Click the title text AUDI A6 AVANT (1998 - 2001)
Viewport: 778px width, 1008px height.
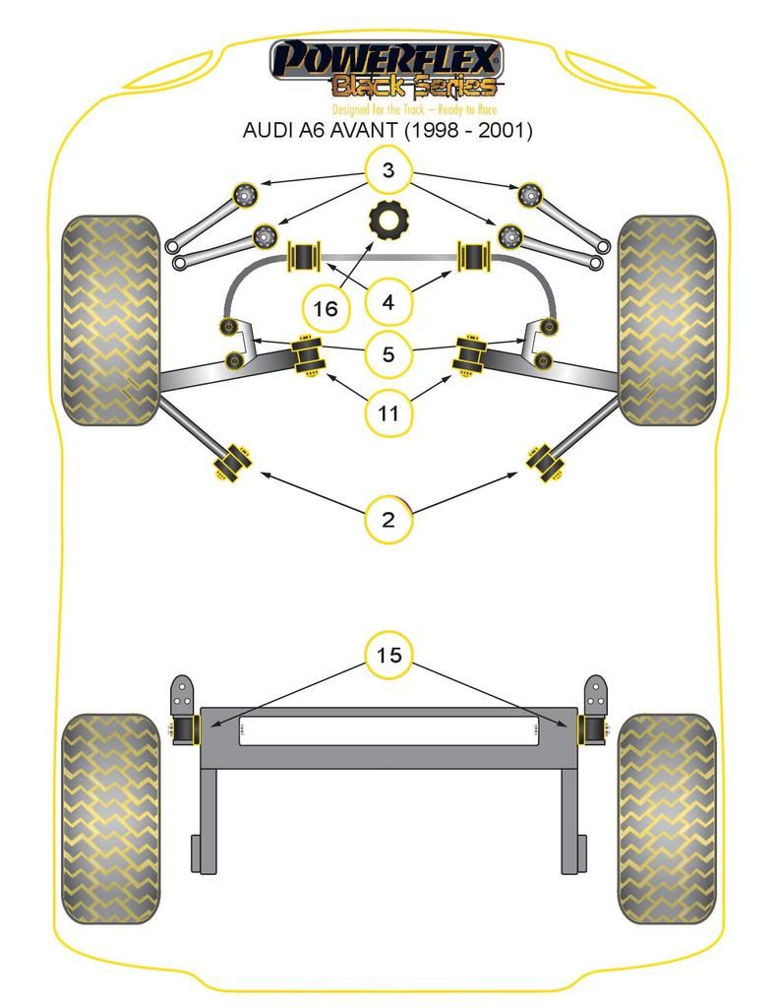click(388, 130)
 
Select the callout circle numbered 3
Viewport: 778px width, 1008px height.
click(388, 170)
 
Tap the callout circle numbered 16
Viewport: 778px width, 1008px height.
click(325, 308)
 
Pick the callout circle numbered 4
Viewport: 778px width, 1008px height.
click(388, 301)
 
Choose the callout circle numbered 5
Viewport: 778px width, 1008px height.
click(388, 353)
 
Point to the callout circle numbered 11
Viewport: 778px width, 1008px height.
click(388, 413)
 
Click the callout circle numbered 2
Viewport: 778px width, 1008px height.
click(388, 519)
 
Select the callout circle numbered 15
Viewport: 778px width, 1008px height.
click(389, 655)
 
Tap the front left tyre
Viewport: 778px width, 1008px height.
click(110, 320)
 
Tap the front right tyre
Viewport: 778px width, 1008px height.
click(666, 320)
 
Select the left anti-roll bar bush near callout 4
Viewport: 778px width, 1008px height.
click(303, 257)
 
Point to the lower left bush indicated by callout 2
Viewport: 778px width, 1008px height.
click(232, 461)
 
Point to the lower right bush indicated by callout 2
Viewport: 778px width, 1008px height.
click(544, 462)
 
